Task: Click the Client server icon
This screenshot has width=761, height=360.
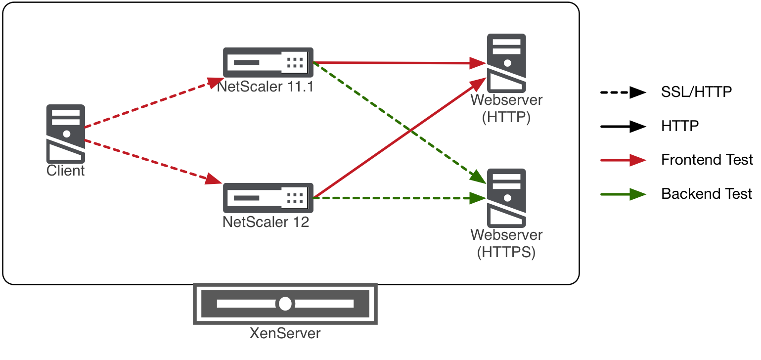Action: tap(66, 134)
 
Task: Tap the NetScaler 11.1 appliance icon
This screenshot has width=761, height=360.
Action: tap(268, 62)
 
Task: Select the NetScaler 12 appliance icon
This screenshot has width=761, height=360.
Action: tap(268, 198)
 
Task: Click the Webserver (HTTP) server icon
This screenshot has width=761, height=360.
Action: tap(506, 63)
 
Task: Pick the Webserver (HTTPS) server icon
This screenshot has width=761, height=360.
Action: tap(506, 198)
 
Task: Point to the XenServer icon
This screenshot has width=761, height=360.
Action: tap(285, 304)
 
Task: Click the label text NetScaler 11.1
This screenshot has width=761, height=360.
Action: tap(266, 87)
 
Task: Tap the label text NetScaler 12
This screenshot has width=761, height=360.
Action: tap(266, 222)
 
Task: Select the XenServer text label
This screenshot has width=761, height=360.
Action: tap(285, 333)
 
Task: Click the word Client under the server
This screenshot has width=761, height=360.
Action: tap(66, 171)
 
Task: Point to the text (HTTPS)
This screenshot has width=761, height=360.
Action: tap(506, 252)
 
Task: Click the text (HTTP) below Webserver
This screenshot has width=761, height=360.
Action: tap(506, 118)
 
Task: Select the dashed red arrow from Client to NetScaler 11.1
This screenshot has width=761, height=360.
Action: tap(148, 104)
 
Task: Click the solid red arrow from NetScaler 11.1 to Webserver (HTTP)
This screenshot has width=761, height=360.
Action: tap(396, 63)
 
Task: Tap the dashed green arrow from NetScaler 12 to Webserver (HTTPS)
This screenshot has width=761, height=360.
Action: tap(396, 198)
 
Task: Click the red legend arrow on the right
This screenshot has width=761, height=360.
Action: tap(623, 160)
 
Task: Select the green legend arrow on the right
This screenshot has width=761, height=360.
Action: tap(623, 194)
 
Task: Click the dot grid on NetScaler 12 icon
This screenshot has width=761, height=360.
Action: tap(295, 198)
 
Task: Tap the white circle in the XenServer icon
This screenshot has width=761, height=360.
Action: tap(285, 304)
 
